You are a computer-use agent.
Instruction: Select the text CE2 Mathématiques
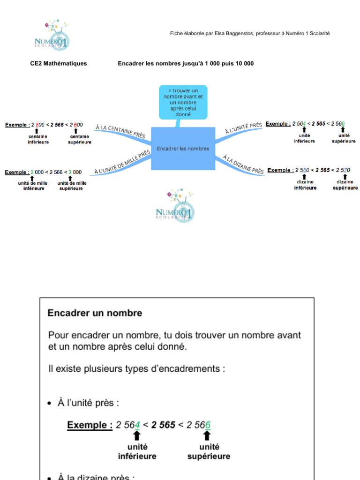59,63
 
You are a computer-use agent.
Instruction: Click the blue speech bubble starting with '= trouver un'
183,102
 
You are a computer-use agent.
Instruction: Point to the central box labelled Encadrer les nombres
183,149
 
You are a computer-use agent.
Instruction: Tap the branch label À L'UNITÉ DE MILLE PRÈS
122,162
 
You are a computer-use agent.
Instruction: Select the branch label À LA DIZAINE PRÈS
243,164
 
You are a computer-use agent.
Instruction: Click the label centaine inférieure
38,139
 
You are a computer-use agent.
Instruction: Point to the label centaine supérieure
79,139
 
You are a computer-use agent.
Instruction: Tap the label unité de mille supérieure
71,186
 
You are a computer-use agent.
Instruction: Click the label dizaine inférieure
305,185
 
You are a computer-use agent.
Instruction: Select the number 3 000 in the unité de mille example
75,172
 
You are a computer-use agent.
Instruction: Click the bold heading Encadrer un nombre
95,313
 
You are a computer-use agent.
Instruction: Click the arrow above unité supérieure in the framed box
207,435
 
